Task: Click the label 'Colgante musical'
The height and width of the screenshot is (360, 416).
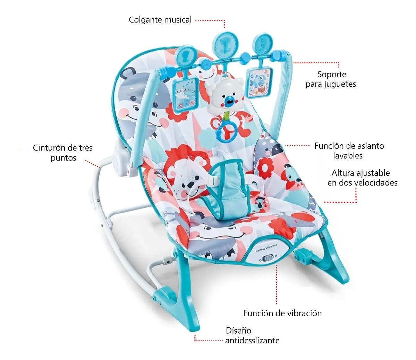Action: point(160,20)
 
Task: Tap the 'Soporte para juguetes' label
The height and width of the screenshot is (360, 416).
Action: point(331,79)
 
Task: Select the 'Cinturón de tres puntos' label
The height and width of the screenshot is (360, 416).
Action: point(63,153)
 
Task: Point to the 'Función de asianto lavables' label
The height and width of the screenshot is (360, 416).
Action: point(349,151)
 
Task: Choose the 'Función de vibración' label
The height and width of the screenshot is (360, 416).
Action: point(282,313)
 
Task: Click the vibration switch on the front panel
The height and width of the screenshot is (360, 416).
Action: point(268,258)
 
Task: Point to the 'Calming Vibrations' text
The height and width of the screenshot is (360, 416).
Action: point(266,248)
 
